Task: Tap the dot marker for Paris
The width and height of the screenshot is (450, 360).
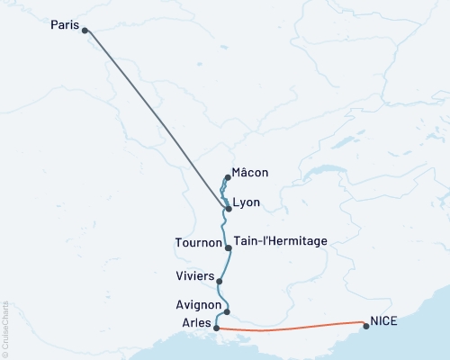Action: (x=85, y=31)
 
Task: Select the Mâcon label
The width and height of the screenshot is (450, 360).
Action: (x=249, y=173)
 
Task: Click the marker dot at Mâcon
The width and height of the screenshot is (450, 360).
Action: (x=229, y=178)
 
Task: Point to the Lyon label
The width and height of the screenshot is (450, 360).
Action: (x=246, y=203)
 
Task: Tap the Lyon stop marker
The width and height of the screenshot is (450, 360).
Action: (x=229, y=209)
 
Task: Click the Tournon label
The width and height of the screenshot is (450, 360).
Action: (x=198, y=242)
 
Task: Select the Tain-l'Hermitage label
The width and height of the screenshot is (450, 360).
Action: (x=280, y=241)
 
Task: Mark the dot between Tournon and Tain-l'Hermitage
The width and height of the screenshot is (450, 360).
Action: (x=228, y=247)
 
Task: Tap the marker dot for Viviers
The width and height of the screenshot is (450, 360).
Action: (x=220, y=282)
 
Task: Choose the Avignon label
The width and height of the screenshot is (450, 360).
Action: (x=199, y=306)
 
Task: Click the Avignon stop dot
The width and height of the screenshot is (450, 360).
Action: (x=227, y=312)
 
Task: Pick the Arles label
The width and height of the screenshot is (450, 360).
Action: (x=196, y=322)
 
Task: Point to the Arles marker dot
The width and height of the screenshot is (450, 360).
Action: (x=217, y=328)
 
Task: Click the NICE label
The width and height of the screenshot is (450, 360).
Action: (x=383, y=319)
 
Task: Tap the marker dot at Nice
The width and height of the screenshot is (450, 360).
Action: (x=364, y=326)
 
